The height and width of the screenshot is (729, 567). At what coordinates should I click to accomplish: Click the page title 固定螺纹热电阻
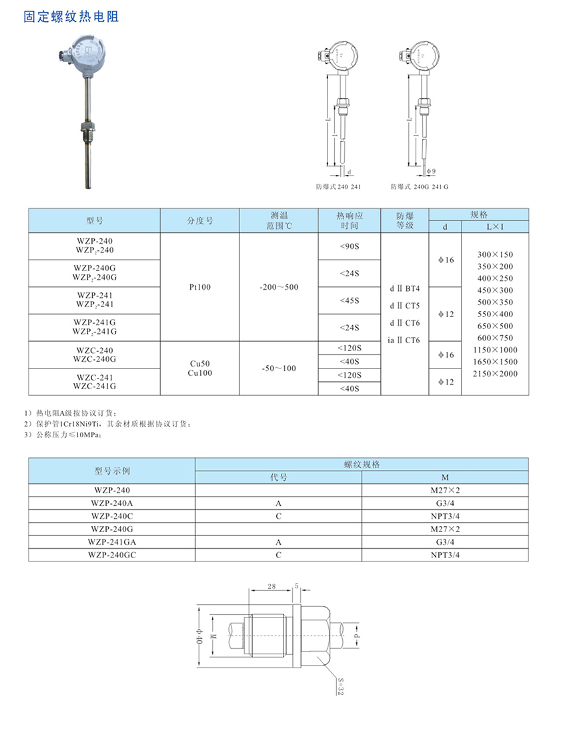pos(71,17)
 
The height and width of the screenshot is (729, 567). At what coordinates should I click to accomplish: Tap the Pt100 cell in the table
pos(199,287)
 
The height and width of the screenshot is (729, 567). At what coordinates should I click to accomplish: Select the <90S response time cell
pos(349,246)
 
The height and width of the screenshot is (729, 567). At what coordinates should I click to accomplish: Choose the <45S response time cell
pos(349,300)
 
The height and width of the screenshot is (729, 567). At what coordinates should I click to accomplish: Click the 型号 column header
pos(94,220)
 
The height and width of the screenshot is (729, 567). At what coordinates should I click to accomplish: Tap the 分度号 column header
pos(199,220)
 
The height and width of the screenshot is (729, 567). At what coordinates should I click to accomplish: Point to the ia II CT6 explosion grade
pos(404,340)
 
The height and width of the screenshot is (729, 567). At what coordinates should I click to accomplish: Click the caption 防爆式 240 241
pos(338,188)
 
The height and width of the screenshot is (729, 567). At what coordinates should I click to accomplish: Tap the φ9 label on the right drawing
pos(430,172)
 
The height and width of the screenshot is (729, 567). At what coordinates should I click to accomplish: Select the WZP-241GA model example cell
pos(111,542)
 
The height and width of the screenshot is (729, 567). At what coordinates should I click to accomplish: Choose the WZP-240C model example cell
pos(111,515)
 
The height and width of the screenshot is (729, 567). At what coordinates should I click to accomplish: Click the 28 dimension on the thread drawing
pos(271,585)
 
